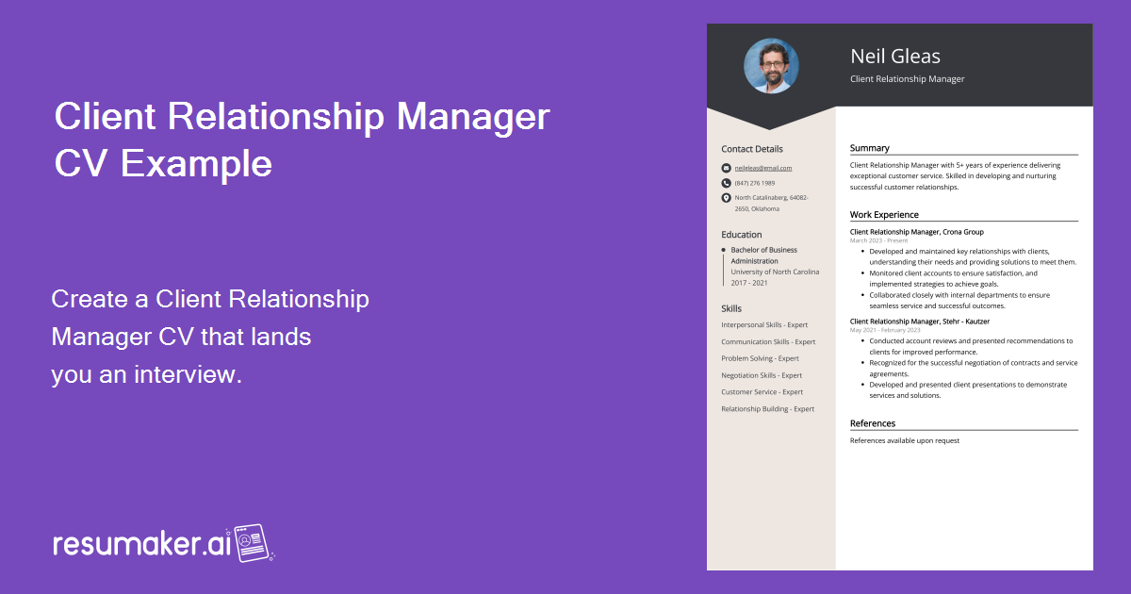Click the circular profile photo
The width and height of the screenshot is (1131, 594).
(x=771, y=66)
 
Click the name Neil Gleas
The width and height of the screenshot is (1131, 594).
(x=894, y=57)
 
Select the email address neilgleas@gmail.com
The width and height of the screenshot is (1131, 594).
(x=763, y=168)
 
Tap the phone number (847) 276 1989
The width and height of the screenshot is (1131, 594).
(x=755, y=183)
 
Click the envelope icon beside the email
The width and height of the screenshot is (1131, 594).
(x=726, y=168)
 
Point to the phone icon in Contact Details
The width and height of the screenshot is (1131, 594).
(x=726, y=183)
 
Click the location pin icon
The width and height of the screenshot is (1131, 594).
(x=726, y=198)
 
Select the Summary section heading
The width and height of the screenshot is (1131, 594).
(x=869, y=148)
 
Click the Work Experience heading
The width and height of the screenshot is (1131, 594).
(x=884, y=215)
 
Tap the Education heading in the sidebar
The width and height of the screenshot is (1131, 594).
(x=742, y=235)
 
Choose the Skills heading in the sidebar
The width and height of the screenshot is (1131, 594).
(x=731, y=308)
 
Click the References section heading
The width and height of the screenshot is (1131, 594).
(x=873, y=423)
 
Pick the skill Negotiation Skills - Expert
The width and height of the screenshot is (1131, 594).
(x=762, y=375)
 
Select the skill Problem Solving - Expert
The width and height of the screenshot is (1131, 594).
(x=760, y=358)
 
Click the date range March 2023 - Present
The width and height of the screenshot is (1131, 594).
(x=878, y=240)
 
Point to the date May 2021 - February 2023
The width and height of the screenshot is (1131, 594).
(x=885, y=330)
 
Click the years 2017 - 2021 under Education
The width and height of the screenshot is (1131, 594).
(x=749, y=283)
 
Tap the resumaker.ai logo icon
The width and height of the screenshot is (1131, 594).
(x=253, y=543)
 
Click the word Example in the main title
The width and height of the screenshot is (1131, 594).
(x=197, y=164)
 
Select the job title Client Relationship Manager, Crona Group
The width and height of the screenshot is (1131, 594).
(x=916, y=232)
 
